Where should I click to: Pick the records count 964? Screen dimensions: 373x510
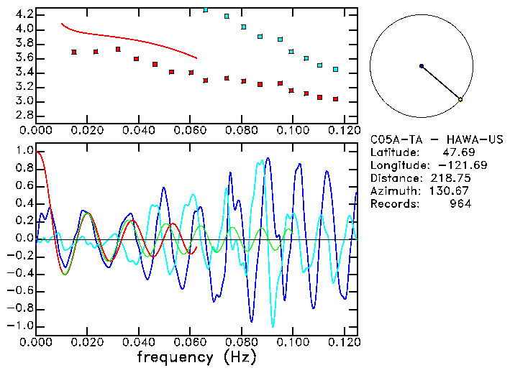tap(460, 203)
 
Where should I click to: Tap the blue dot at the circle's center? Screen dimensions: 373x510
tap(422, 66)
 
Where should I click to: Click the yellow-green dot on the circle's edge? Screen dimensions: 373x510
tap(460, 99)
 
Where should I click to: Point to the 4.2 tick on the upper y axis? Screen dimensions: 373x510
tap(23, 14)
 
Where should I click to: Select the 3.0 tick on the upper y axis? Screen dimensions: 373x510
tap(23, 101)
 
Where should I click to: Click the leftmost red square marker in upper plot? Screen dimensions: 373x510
tap(74, 52)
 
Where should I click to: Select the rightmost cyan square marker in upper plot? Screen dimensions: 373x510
tap(335, 69)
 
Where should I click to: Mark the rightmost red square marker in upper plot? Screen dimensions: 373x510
tap(335, 99)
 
